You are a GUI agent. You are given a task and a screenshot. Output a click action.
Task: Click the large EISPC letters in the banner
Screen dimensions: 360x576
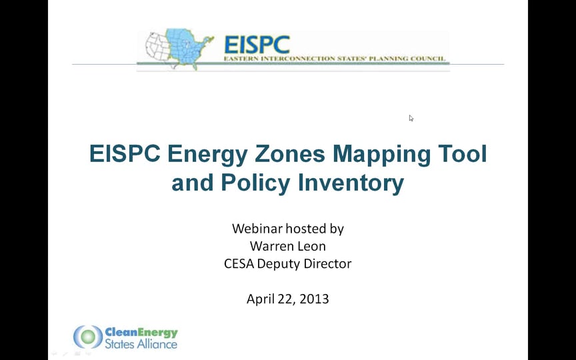tap(257, 44)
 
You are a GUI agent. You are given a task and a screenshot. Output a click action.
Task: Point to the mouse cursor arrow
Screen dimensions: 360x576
tap(411, 117)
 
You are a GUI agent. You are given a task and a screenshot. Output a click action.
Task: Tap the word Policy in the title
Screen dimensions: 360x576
tap(256, 183)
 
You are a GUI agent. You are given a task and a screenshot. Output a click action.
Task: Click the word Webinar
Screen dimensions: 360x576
tap(257, 229)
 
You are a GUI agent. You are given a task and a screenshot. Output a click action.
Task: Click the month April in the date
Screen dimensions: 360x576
tap(261, 299)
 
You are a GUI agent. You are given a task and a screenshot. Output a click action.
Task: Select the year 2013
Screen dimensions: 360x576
tap(313, 299)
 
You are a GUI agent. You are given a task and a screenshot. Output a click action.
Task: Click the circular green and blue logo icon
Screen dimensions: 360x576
tap(87, 337)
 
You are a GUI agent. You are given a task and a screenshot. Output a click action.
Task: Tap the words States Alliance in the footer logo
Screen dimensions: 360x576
tap(141, 344)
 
